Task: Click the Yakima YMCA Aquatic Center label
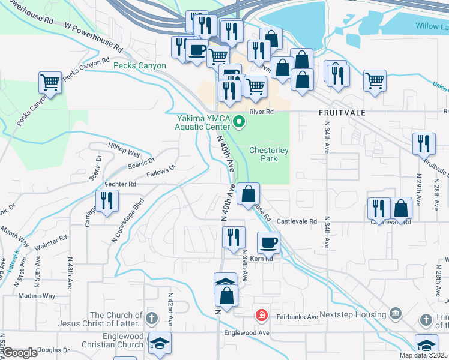[x=203, y=122]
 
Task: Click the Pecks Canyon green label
[x=141, y=65]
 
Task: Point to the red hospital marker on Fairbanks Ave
[x=261, y=315]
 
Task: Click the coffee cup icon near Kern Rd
[x=268, y=242]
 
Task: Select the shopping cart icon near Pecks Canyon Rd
[x=50, y=82]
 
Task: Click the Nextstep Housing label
[x=354, y=314]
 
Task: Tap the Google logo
[x=19, y=353]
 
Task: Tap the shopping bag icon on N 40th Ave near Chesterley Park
[x=247, y=194]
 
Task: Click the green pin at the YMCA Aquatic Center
[x=239, y=123]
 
